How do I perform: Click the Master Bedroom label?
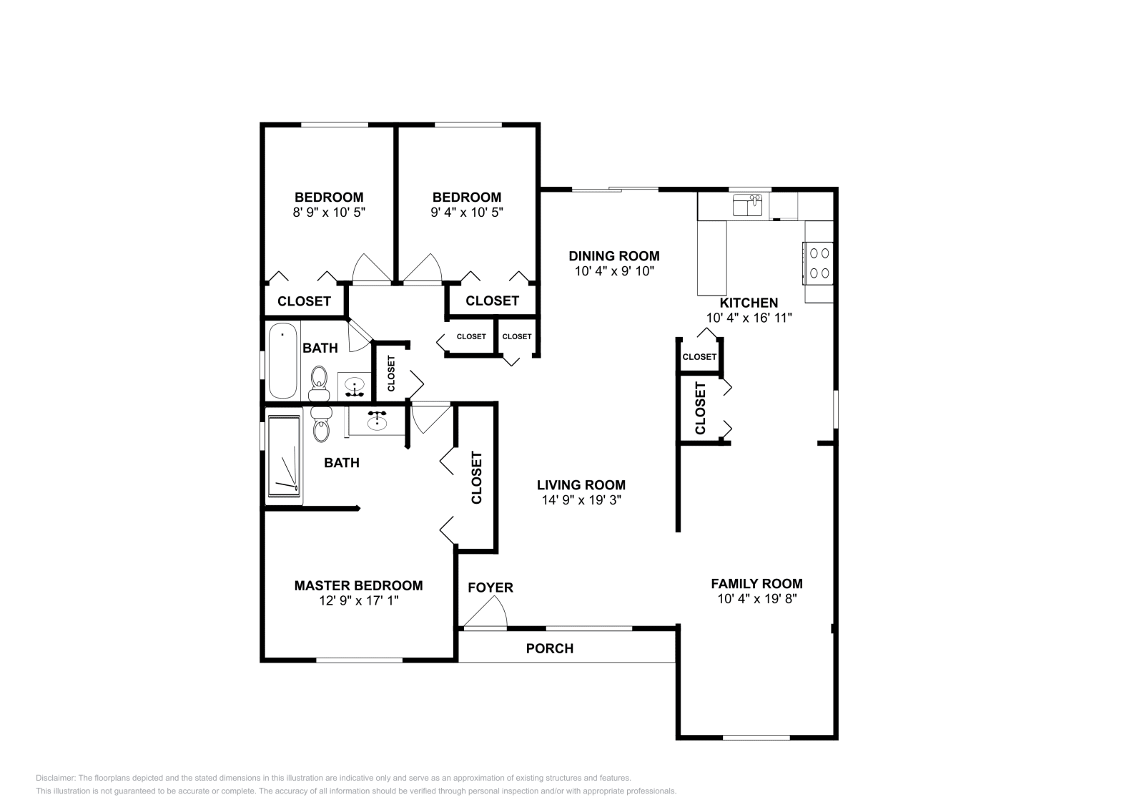358,585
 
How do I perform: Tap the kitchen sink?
748,205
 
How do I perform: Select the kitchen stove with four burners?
819,263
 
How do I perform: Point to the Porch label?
550,648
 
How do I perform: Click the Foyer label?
490,587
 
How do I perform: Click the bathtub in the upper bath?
283,361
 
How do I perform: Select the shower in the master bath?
284,456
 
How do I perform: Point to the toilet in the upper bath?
319,384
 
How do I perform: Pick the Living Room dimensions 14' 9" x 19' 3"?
581,499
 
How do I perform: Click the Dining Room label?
614,255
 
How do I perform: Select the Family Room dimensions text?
757,598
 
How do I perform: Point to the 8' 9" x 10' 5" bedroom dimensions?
329,212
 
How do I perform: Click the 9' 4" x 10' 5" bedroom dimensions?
467,212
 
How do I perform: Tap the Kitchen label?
749,303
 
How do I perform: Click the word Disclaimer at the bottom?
56,778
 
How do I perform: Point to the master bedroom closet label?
476,477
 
